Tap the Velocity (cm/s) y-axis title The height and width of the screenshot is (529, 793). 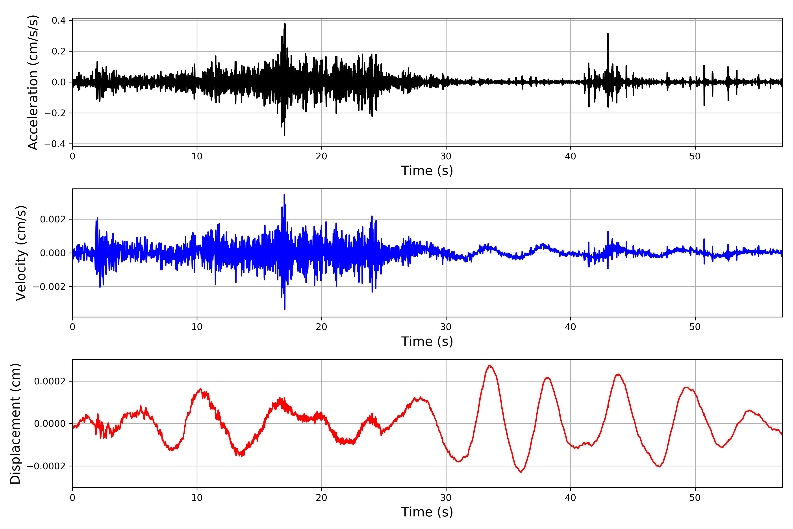21,253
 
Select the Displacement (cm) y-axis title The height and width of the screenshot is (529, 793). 15,424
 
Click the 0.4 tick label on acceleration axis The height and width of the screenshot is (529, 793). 59,20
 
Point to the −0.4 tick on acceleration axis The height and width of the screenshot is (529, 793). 55,144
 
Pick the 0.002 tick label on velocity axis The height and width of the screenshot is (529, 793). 53,219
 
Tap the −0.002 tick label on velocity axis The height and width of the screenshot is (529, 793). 49,287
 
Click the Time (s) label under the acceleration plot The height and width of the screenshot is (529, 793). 427,171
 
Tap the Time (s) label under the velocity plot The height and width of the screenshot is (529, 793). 427,341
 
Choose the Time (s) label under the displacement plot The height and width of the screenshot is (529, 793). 427,512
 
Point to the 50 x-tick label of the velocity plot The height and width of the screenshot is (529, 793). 695,327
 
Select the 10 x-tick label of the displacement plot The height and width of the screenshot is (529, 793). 197,498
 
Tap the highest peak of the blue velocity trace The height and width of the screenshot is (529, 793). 284,195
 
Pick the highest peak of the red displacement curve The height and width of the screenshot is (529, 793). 489,365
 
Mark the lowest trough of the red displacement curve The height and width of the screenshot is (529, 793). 521,472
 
